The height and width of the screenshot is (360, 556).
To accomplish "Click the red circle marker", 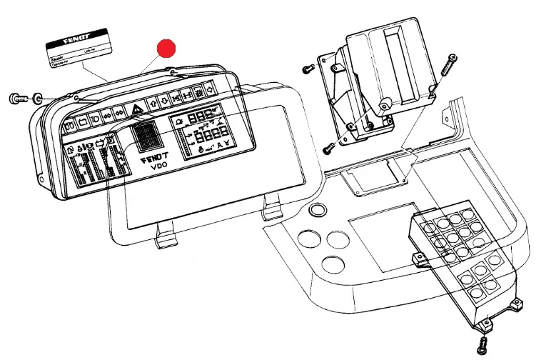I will point(166,49).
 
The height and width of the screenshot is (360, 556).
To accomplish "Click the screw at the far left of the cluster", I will point(16,98).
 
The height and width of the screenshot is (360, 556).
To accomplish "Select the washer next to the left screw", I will point(37,97).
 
